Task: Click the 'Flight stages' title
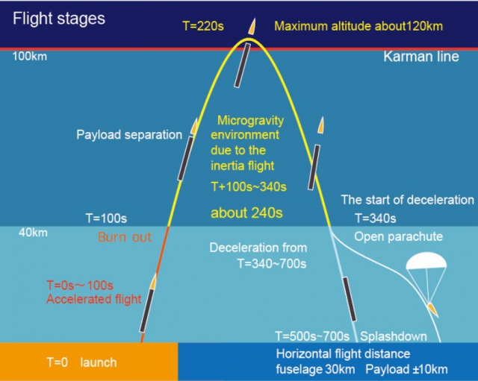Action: click(x=59, y=18)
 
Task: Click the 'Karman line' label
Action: click(x=421, y=57)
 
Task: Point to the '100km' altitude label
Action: click(x=30, y=57)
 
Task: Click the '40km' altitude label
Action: click(x=34, y=233)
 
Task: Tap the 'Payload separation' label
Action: click(x=129, y=135)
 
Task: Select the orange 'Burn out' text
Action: click(x=124, y=238)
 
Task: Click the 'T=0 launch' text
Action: click(x=81, y=362)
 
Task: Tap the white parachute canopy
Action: click(x=426, y=262)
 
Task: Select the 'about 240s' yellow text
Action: click(x=246, y=212)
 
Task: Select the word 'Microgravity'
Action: click(x=249, y=120)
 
